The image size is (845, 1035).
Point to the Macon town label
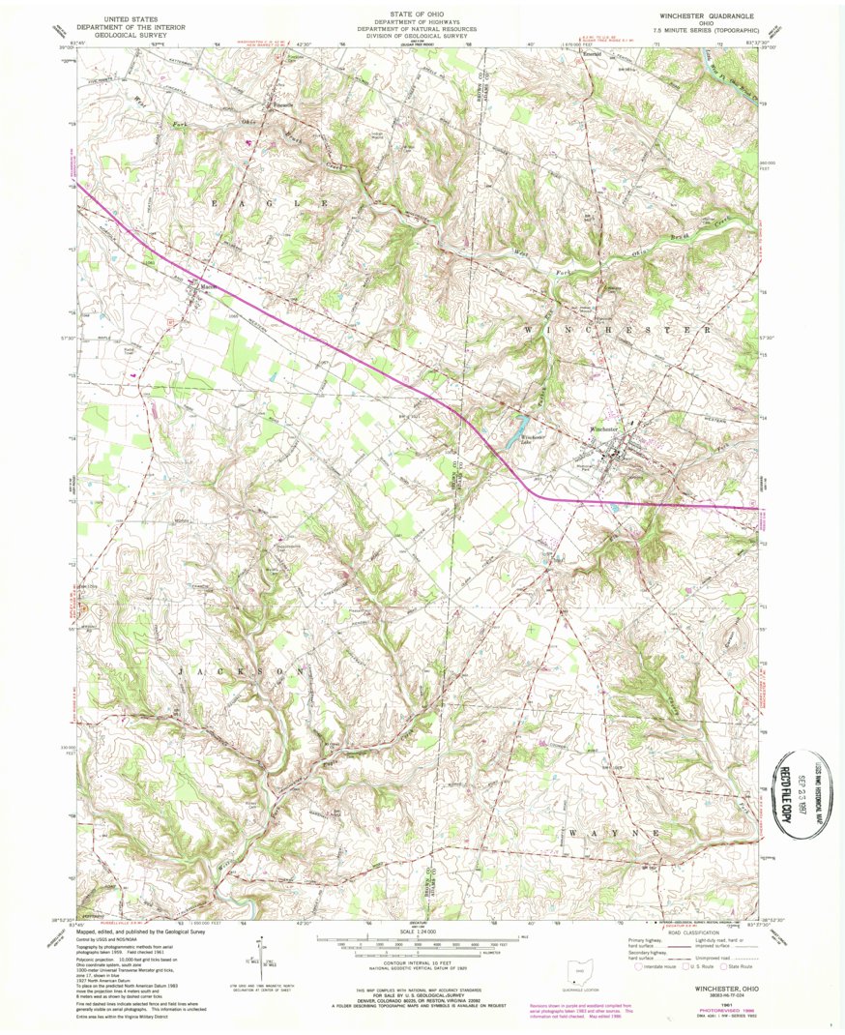pyautogui.click(x=205, y=286)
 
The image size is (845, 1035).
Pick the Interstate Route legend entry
pyautogui.click(x=654, y=966)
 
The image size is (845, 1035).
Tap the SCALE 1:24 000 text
pyautogui.click(x=419, y=931)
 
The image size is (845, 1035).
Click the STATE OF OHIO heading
pyautogui.click(x=419, y=13)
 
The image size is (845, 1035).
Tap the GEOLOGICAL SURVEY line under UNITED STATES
pyautogui.click(x=122, y=34)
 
